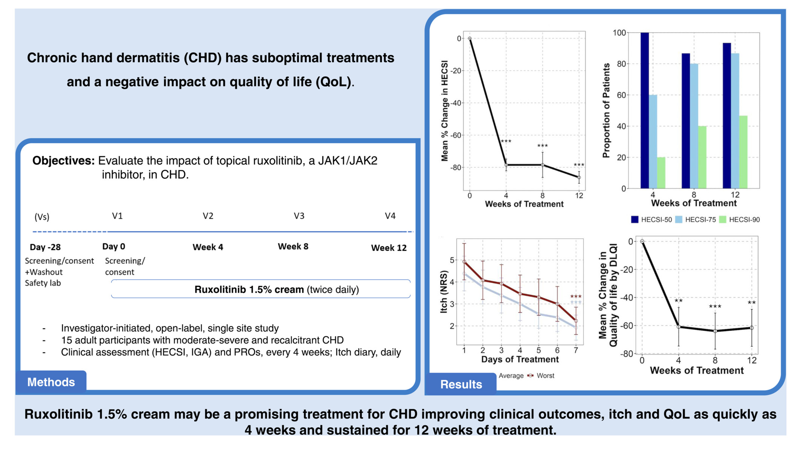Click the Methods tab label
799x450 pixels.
(x=51, y=382)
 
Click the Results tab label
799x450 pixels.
(x=461, y=384)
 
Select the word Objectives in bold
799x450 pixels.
(x=63, y=161)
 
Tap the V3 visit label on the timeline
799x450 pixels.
(x=299, y=216)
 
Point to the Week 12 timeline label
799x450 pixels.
(x=389, y=248)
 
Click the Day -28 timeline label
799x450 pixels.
(x=45, y=247)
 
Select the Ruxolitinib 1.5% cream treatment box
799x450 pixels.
(x=261, y=289)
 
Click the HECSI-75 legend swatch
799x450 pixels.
(x=679, y=220)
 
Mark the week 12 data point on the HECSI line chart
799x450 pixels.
(x=579, y=177)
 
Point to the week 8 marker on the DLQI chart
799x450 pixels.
(x=715, y=331)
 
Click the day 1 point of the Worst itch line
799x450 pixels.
(x=464, y=262)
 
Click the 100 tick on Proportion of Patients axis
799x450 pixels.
(x=619, y=33)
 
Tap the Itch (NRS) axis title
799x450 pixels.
(x=444, y=291)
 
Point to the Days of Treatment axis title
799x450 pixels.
(x=519, y=359)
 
